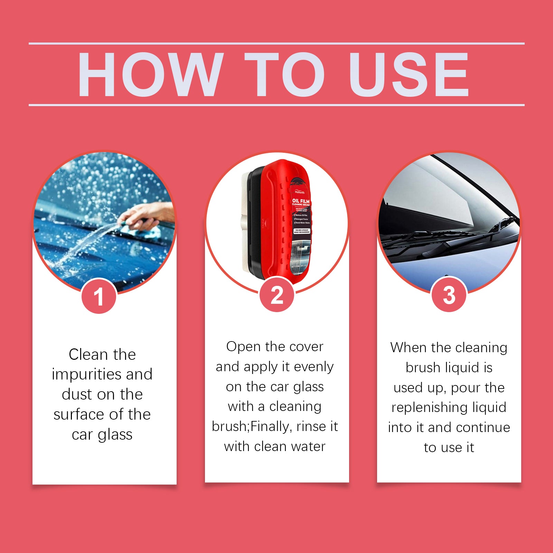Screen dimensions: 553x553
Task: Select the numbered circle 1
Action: pyautogui.click(x=99, y=296)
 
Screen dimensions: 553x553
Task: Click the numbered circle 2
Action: pyautogui.click(x=277, y=295)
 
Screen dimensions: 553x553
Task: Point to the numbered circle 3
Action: pyautogui.click(x=449, y=295)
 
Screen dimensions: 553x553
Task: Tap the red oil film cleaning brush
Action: pyautogui.click(x=283, y=221)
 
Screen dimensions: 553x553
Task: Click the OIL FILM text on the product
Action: pyautogui.click(x=301, y=201)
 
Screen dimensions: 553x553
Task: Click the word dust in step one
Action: pyautogui.click(x=77, y=394)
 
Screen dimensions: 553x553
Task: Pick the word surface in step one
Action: pyautogui.click(x=76, y=414)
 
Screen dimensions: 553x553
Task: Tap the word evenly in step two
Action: pyautogui.click(x=313, y=367)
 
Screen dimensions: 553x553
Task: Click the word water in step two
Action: pyautogui.click(x=308, y=447)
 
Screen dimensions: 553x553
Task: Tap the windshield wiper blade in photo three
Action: pyautogui.click(x=449, y=238)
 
